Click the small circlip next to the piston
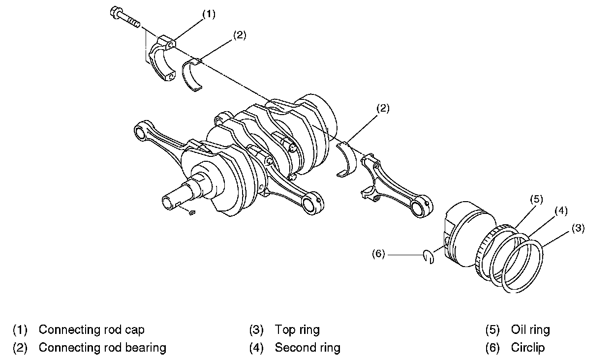tap(429, 257)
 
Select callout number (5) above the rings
tap(536, 199)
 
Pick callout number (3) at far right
tap(578, 228)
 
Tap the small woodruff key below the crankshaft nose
tap(192, 212)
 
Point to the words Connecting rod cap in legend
tap(92, 330)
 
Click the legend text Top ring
tap(297, 330)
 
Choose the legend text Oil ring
tap(530, 330)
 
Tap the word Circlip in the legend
tap(528, 348)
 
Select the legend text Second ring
tap(307, 348)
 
